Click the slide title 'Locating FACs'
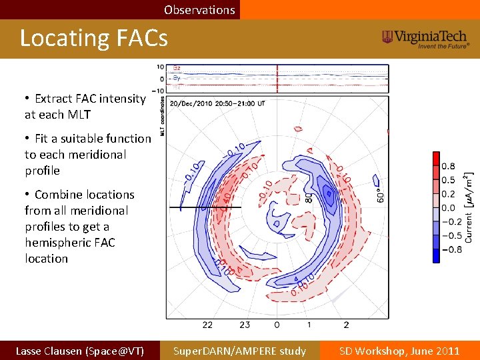coord(93,39)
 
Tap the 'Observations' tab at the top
coord(199,10)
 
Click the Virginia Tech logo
coord(426,39)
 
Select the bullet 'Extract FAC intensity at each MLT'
coord(85,106)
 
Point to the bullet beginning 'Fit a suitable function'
coord(88,154)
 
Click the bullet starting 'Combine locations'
coord(79,226)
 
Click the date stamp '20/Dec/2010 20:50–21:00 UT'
coord(217,104)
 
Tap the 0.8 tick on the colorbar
coord(449,166)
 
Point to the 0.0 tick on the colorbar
coord(449,208)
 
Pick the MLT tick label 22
coord(207,325)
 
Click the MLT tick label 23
coord(244,325)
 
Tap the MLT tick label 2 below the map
coord(346,325)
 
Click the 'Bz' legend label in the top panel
coord(177,68)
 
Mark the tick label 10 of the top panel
coord(161,67)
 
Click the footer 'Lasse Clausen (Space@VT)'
coord(79,351)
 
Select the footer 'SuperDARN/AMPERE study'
coord(239,351)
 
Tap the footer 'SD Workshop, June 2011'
coord(399,351)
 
